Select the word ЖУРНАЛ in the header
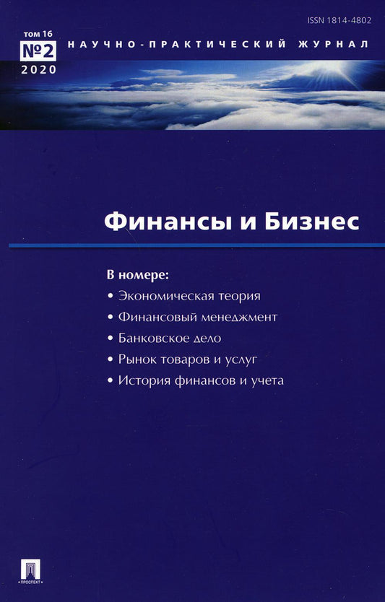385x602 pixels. pos(337,45)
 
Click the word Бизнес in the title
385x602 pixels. pos(315,221)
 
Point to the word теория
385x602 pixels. pos(235,296)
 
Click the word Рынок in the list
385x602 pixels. pos(135,359)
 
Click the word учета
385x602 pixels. pos(267,380)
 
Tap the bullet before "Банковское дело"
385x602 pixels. pos(110,339)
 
